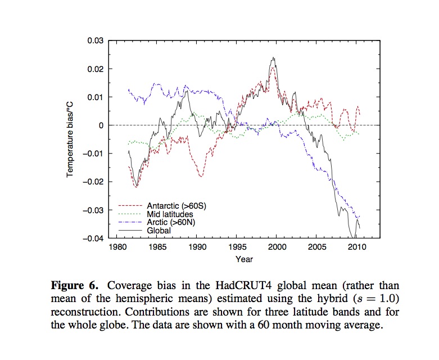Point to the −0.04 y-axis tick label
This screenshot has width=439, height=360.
[x=93, y=238]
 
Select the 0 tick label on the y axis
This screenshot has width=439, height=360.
[x=102, y=125]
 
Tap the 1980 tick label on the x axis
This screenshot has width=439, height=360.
[x=117, y=248]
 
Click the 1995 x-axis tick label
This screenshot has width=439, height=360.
[x=236, y=248]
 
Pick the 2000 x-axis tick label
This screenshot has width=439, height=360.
[x=276, y=248]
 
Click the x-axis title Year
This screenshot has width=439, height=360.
[x=244, y=259]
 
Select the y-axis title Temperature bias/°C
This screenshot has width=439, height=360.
[x=71, y=139]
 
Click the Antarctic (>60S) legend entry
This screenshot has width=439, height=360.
[x=176, y=206]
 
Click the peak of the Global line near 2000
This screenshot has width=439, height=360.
[x=273, y=57]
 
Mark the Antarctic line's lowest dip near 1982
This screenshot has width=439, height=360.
[x=136, y=186]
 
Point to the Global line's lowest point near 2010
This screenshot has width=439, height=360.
[x=354, y=238]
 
